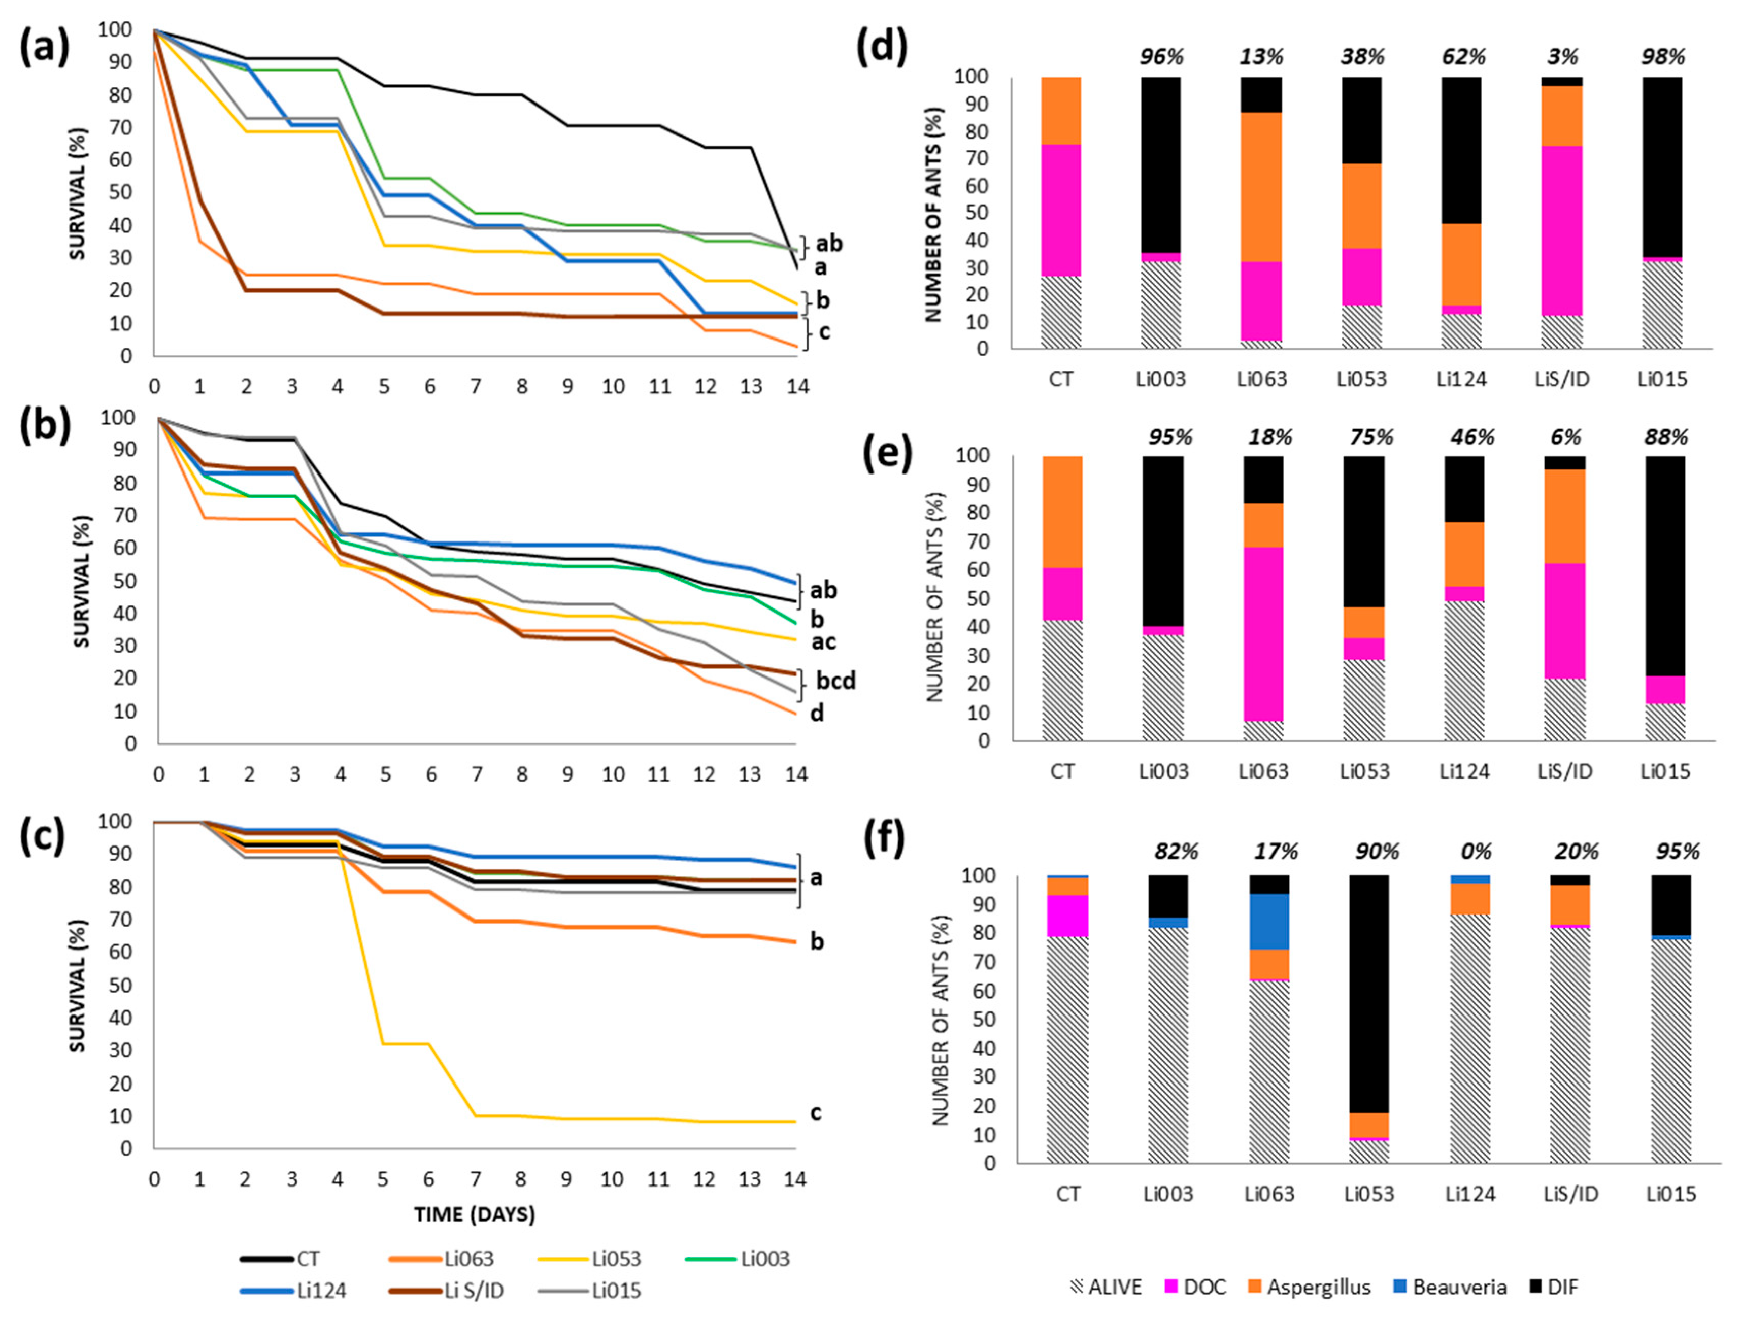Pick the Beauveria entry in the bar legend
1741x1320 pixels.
(1458, 1287)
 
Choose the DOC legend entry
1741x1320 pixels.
(1204, 1287)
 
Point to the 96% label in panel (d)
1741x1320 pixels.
(1162, 57)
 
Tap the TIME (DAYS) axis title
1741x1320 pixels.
(475, 1214)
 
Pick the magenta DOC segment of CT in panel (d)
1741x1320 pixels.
(1060, 210)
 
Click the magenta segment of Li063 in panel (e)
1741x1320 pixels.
(1263, 634)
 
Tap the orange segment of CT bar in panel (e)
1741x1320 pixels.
(1062, 512)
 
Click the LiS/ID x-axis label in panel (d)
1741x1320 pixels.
(1563, 380)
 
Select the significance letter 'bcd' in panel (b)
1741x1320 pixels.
(835, 680)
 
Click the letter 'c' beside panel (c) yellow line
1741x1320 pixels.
(815, 1112)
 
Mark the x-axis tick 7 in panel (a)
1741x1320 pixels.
(476, 387)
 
